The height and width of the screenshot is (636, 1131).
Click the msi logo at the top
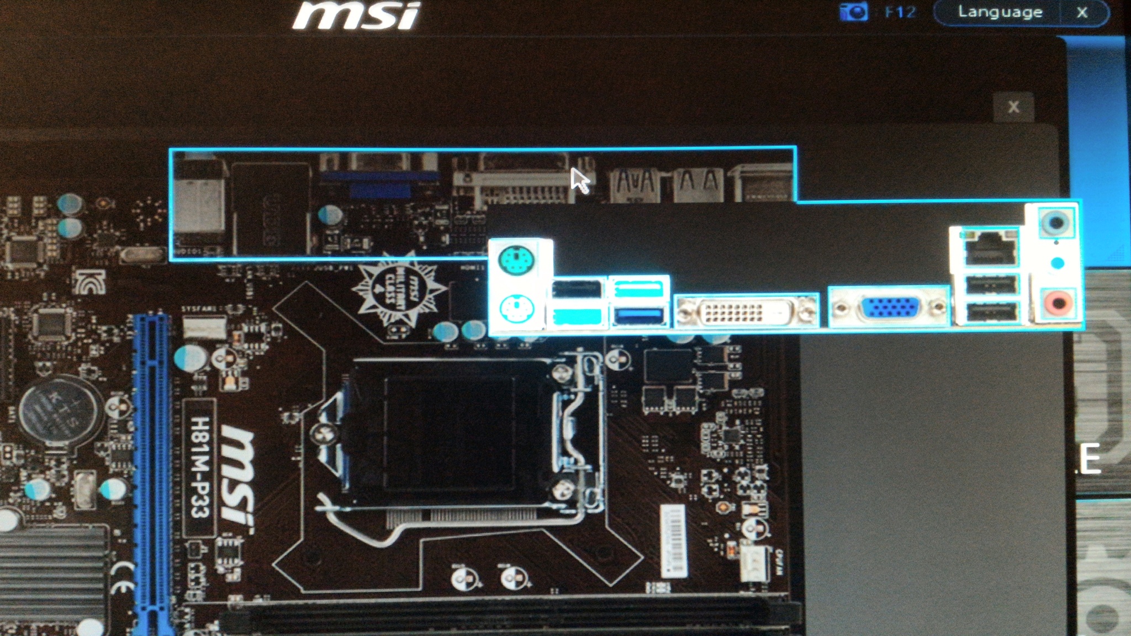click(x=356, y=15)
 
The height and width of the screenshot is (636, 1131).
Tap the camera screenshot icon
click(x=853, y=12)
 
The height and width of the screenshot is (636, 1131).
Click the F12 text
click(x=900, y=12)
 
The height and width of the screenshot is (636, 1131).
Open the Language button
click(x=1000, y=12)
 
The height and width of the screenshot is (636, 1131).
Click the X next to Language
click(x=1082, y=12)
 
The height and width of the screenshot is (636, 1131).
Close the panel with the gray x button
click(x=1013, y=107)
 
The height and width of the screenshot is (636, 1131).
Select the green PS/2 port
click(x=516, y=259)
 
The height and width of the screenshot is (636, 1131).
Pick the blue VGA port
click(x=890, y=308)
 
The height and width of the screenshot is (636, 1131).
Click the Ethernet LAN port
click(x=990, y=250)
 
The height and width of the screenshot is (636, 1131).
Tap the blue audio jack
click(x=1056, y=223)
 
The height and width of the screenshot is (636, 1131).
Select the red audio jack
click(x=1058, y=303)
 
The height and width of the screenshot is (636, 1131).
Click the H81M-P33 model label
click(x=199, y=467)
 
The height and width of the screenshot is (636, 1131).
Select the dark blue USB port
click(x=638, y=316)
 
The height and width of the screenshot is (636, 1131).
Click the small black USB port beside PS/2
click(x=577, y=289)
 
